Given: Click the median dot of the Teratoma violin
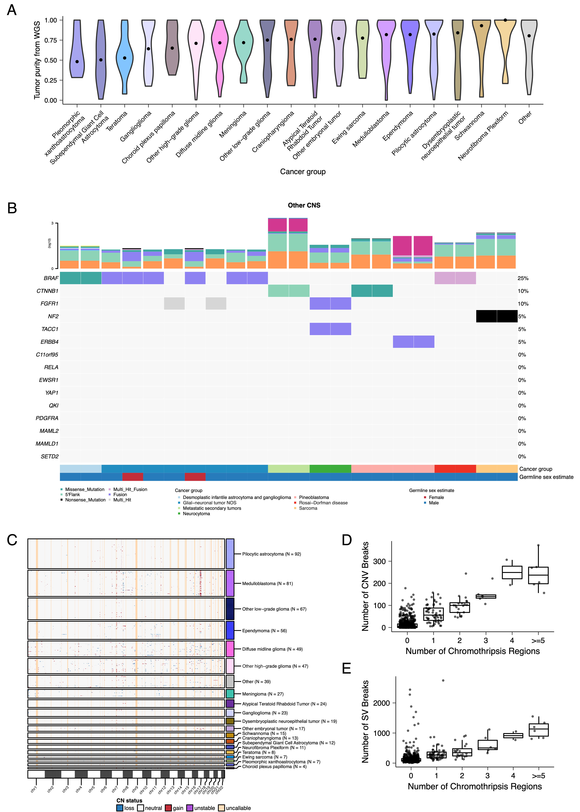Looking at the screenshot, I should (125, 58).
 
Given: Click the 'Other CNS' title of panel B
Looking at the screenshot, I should (304, 205).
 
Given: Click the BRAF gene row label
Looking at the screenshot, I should (51, 278).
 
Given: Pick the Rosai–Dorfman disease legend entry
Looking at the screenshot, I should (323, 503).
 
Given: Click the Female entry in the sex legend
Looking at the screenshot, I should (436, 497).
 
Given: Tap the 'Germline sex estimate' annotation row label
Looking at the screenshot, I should (546, 477).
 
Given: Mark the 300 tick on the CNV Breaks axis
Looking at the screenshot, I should (379, 561).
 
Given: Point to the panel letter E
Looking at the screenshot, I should (346, 668).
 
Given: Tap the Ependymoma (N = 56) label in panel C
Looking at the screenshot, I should (264, 631).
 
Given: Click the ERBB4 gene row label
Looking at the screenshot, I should (50, 342).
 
